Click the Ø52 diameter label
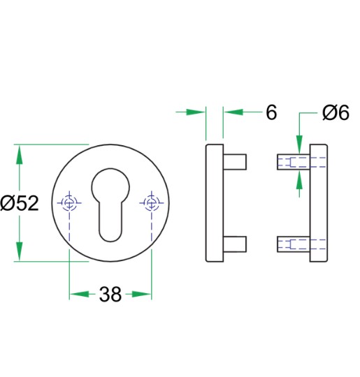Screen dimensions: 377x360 tap(19, 204)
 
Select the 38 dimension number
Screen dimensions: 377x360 tap(110, 295)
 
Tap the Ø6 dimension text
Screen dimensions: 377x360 tap(335, 112)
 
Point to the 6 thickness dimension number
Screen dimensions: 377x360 tap(271, 112)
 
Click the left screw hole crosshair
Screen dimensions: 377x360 tap(69, 203)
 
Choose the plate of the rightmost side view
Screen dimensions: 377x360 tap(318, 203)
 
